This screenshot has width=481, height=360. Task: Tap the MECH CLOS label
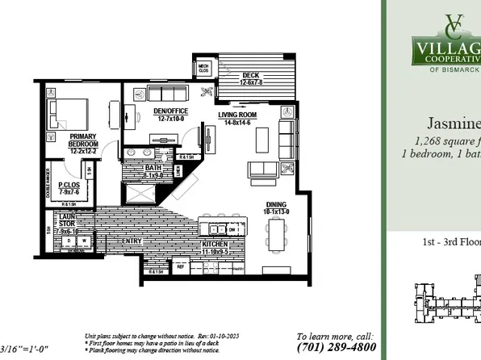203,69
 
